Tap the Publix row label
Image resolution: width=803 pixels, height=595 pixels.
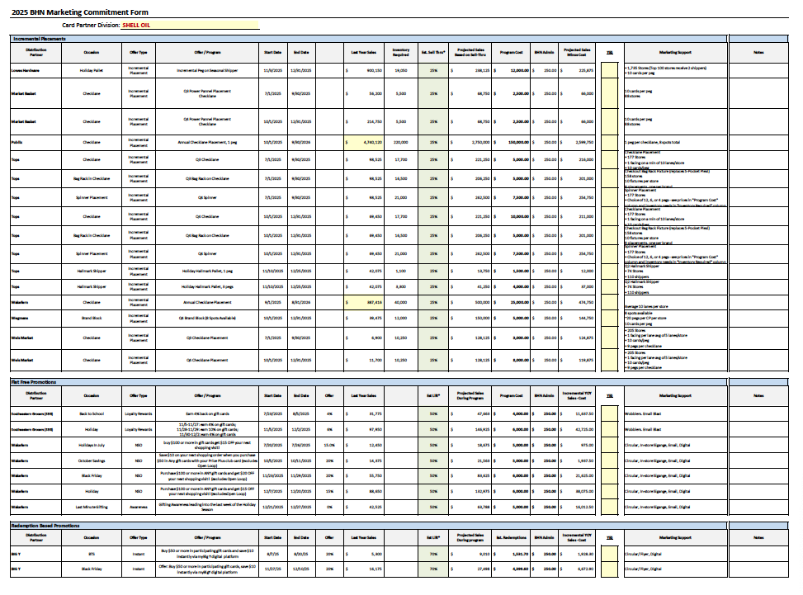tap(17, 142)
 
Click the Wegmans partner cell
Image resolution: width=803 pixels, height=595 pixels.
tap(21, 317)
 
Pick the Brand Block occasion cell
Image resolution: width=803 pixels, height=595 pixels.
tap(92, 317)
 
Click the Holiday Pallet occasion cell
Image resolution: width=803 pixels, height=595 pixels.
tap(92, 71)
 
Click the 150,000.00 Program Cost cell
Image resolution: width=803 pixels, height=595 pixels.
tap(513, 142)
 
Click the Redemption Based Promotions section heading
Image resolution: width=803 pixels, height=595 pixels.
tap(45, 525)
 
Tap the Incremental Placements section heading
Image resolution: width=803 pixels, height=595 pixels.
tap(39, 39)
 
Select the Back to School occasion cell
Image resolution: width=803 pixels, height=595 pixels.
tap(92, 413)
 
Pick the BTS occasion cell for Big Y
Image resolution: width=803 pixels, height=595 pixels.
tap(92, 554)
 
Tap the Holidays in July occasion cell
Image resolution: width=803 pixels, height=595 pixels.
tap(92, 445)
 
